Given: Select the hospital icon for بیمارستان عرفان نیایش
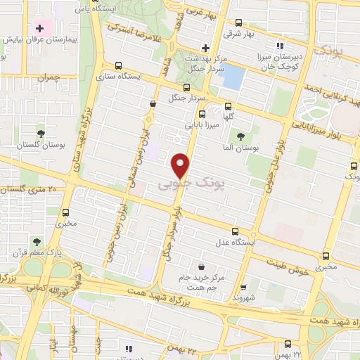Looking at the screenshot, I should pos(40,29).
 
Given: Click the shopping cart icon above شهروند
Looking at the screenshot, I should pos(243,288).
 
